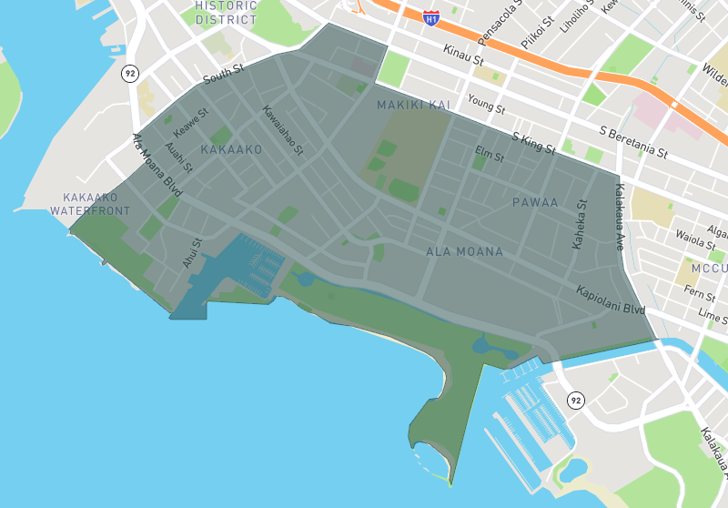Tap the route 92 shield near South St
point(131,72)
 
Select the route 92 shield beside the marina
point(575,400)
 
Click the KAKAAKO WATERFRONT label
point(90,204)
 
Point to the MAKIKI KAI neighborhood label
point(414,106)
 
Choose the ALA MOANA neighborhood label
point(464,250)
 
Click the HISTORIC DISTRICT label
point(227,12)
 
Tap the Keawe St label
point(191,123)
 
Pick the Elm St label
point(490,156)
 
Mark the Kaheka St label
point(581,224)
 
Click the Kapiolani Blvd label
point(611,300)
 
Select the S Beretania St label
point(634,141)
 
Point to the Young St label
point(486,103)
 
